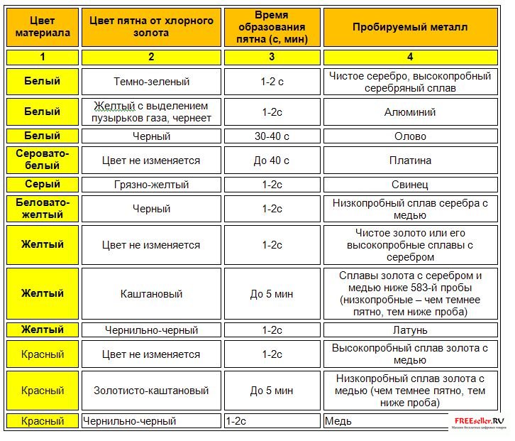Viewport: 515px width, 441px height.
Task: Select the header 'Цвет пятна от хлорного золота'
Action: pyautogui.click(x=151, y=27)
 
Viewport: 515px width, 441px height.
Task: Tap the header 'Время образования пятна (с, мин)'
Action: pyautogui.click(x=272, y=27)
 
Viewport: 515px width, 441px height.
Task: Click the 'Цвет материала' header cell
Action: pyautogui.click(x=42, y=27)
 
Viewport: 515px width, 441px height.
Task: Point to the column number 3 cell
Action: pyautogui.click(x=272, y=57)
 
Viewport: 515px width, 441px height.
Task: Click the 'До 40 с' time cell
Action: pyautogui.click(x=272, y=160)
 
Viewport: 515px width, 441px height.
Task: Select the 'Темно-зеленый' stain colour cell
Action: pyautogui.click(x=151, y=82)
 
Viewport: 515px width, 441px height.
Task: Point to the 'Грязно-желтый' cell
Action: pyautogui.click(x=151, y=185)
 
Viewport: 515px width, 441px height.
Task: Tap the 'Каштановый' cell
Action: pyautogui.click(x=151, y=294)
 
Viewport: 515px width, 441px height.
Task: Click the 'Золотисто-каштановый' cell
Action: pyautogui.click(x=151, y=391)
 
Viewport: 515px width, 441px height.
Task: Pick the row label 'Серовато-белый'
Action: pyautogui.click(x=42, y=160)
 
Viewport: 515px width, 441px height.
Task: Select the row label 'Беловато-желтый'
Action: pyautogui.click(x=42, y=209)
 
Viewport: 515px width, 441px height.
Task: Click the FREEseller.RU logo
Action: pyautogui.click(x=480, y=420)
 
